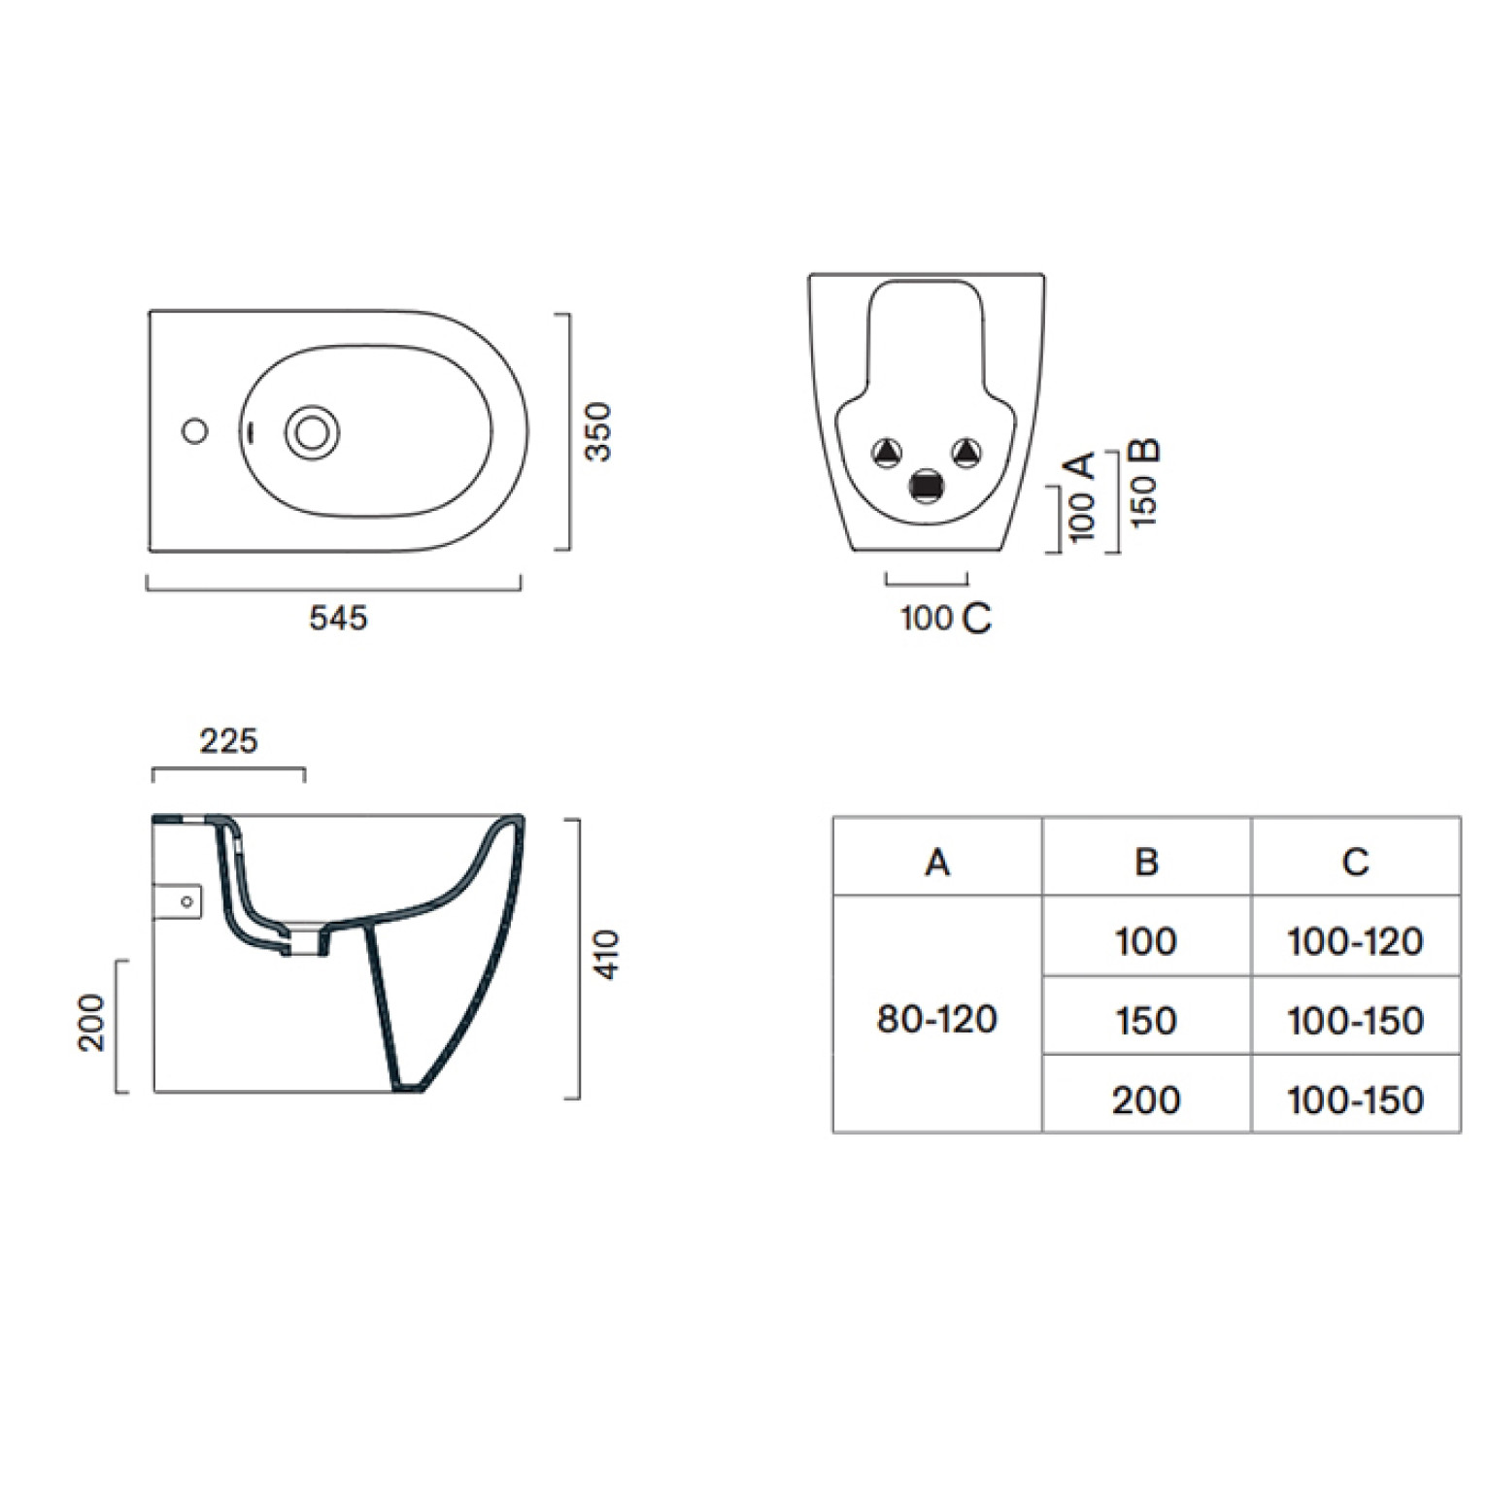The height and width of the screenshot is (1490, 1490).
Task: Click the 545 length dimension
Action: [338, 618]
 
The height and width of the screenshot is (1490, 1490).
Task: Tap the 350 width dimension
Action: [599, 431]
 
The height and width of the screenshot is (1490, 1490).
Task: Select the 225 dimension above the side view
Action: [228, 741]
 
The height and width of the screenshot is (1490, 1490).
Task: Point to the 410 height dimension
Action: [606, 955]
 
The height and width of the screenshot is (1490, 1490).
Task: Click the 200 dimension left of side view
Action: [91, 1022]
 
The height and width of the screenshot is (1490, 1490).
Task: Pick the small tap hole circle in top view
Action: [195, 430]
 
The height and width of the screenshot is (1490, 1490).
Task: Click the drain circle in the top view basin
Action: [312, 432]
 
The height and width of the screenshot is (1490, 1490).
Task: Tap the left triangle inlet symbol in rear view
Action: [887, 452]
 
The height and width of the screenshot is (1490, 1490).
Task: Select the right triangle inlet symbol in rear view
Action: [966, 452]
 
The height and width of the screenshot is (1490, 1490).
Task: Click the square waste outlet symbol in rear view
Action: [928, 485]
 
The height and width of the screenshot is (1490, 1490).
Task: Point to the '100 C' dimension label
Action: [946, 618]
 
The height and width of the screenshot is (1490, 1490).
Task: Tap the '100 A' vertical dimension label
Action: [1080, 495]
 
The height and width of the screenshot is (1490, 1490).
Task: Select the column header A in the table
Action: [937, 862]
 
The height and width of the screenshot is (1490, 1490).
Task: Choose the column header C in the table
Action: [1355, 862]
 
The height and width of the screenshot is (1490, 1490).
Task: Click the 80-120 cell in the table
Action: [937, 1019]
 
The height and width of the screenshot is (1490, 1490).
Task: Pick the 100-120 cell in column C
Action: [1355, 941]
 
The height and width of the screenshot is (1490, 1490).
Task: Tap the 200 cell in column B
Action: [1146, 1100]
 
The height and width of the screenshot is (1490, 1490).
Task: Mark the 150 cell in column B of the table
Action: [1146, 1021]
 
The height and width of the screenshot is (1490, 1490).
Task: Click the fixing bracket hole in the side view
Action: [186, 902]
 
